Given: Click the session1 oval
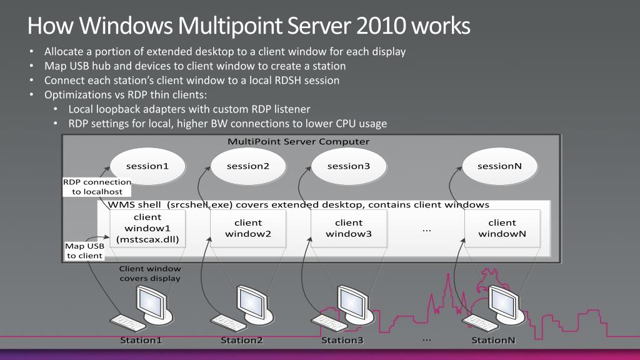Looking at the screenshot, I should (x=147, y=166).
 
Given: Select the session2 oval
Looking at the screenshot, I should (x=248, y=166).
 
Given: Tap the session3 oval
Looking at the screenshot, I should (x=349, y=166).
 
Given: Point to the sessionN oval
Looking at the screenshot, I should (x=499, y=166).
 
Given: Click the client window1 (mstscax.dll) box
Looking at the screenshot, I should (x=147, y=229).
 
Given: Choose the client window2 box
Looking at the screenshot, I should (x=248, y=229).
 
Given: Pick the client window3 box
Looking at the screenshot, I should (x=349, y=229).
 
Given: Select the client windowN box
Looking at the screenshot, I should (x=502, y=229).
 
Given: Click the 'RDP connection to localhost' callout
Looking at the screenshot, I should (x=97, y=187).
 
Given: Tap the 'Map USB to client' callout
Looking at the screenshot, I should (x=85, y=251).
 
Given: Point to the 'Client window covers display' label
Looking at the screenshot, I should (x=150, y=274).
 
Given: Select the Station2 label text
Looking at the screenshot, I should (x=242, y=341).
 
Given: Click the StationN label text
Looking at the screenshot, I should (x=494, y=341).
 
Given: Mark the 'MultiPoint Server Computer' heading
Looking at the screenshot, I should (x=299, y=141).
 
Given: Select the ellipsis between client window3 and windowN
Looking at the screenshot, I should (x=427, y=230).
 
